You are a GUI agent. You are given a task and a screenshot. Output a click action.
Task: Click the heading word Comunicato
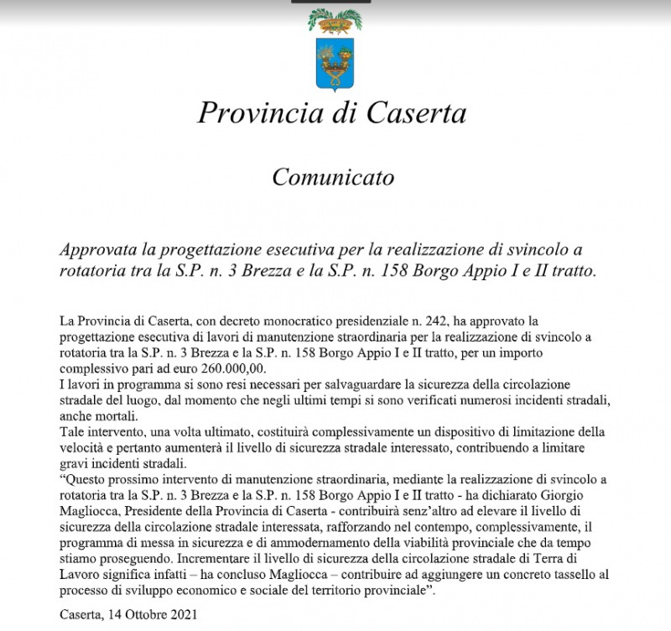pos(333,178)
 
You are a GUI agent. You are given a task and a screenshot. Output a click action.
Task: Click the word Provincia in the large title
pos(255,112)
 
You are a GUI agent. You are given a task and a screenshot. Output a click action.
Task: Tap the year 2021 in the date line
pos(184,614)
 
